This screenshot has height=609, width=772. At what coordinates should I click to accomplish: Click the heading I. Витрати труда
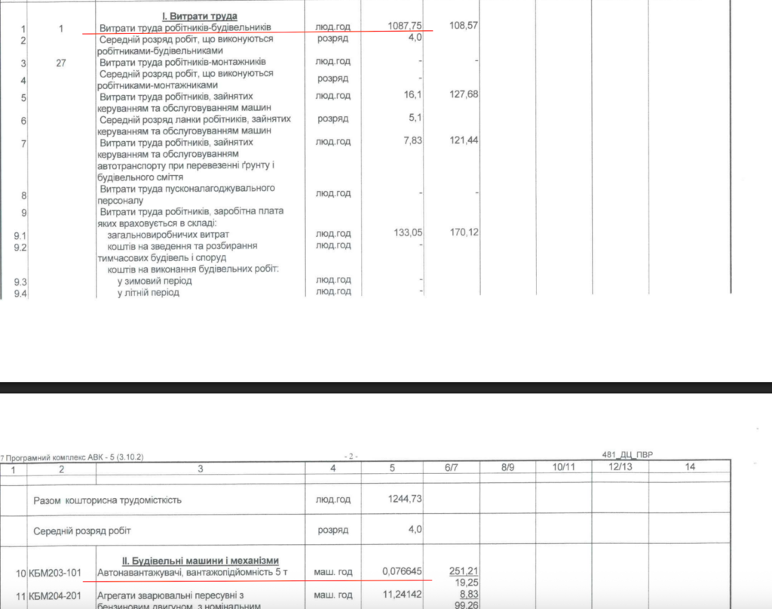(x=200, y=16)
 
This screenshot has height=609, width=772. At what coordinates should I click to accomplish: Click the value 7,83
(x=412, y=140)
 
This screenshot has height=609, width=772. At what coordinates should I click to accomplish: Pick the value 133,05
(x=407, y=232)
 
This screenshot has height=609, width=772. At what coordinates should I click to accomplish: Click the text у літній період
(x=149, y=292)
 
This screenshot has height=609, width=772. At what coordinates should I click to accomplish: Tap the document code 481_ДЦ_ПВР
(x=628, y=455)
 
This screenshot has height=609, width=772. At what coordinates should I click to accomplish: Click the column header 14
(x=688, y=468)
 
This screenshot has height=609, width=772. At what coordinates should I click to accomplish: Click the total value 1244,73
(x=404, y=500)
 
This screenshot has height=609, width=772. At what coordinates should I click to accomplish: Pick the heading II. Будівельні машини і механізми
(x=188, y=561)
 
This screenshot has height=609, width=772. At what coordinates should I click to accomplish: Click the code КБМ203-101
(x=57, y=574)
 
